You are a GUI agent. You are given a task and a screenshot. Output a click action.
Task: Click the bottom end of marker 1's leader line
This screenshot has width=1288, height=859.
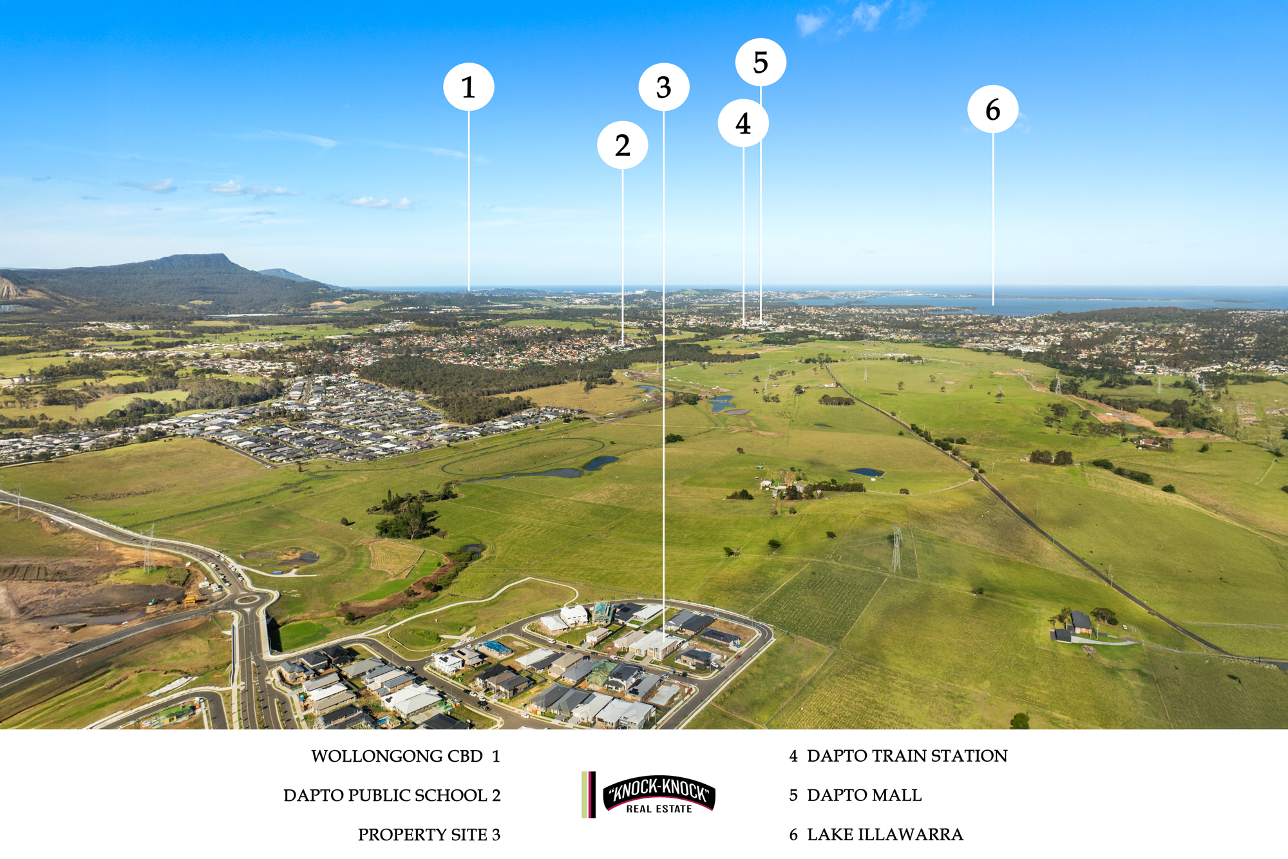pos(469,291)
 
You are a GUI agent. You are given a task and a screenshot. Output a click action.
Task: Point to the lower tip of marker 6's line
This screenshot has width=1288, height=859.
pos(993,305)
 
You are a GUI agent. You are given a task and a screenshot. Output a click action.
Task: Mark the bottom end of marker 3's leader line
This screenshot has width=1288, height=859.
pos(664,640)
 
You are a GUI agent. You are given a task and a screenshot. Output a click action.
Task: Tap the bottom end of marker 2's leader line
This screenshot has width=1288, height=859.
pos(623,343)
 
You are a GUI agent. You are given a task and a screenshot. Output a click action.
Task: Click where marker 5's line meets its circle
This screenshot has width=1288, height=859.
pos(761,86)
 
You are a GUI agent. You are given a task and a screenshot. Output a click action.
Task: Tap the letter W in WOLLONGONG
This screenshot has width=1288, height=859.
pos(319,757)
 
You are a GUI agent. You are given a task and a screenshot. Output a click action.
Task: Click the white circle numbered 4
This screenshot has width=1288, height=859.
pos(743,123)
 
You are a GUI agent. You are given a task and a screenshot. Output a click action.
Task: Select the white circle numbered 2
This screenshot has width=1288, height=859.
pos(623,145)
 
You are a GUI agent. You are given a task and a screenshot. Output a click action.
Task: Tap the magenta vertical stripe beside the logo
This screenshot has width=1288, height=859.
pos(592,795)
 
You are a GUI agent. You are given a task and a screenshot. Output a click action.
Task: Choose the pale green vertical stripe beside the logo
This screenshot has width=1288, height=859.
pos(585,795)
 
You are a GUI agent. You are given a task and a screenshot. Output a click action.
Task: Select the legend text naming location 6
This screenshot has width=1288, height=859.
pos(885,835)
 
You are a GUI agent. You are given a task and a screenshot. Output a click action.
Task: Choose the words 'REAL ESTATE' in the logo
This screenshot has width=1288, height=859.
pos(659,809)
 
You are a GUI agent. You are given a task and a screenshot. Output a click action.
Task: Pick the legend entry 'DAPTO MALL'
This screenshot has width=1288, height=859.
pos(864,795)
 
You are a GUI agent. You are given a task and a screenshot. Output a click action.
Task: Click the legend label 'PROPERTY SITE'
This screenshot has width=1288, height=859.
pos(422,835)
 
